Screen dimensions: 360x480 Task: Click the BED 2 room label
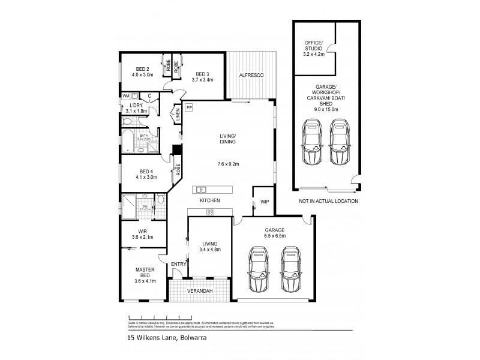click(x=143, y=69)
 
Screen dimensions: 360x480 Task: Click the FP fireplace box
click(x=189, y=107)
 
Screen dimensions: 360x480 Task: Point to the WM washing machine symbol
click(x=126, y=95)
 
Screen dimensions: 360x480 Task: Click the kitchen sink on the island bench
click(x=202, y=190)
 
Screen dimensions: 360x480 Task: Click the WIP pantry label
click(x=265, y=202)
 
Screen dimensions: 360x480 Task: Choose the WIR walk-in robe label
click(x=142, y=231)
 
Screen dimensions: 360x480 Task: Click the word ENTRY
click(x=178, y=264)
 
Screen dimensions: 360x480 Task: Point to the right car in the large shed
click(x=339, y=142)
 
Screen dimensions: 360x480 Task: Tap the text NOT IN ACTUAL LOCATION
click(x=328, y=201)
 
